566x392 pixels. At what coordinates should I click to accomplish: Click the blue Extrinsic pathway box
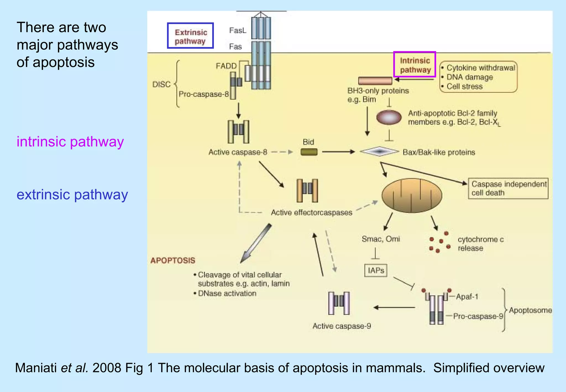[x=190, y=36]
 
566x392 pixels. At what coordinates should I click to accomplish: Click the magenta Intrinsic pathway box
[x=415, y=64]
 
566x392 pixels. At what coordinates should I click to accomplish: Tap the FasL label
[x=237, y=30]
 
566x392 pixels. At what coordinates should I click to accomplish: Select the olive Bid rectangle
[x=309, y=152]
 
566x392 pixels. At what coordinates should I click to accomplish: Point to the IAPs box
[x=376, y=270]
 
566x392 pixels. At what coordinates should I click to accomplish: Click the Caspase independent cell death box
[x=508, y=188]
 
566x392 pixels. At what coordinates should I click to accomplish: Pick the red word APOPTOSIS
[x=173, y=260]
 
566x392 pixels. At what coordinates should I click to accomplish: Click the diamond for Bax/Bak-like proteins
[x=379, y=151]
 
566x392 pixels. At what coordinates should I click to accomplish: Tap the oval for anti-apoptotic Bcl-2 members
[x=389, y=117]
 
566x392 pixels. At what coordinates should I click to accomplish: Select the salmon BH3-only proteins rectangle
[x=375, y=81]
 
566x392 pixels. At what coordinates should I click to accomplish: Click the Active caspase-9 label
[x=342, y=326]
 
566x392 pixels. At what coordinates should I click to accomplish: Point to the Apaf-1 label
[x=467, y=297]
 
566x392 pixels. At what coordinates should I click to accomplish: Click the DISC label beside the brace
[x=161, y=84]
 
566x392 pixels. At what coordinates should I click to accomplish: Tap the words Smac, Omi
[x=381, y=239]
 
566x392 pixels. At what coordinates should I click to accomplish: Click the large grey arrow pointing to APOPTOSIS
[x=256, y=244]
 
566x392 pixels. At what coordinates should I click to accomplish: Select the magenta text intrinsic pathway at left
[x=70, y=142]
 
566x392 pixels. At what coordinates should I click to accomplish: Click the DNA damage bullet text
[x=470, y=77]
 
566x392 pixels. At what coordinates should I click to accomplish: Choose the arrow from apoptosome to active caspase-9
[x=394, y=307]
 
